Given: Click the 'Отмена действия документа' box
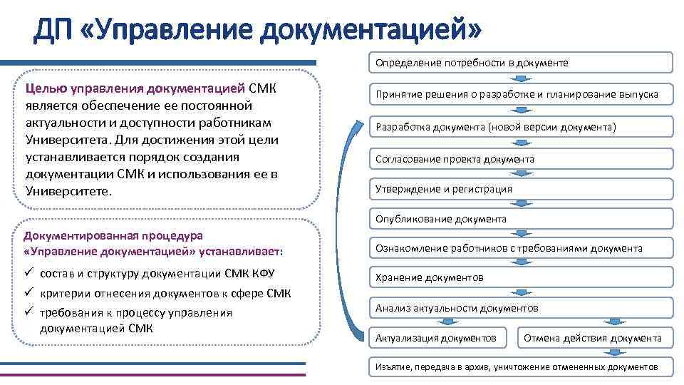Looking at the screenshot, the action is [593, 337].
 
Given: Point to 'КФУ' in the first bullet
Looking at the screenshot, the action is [261, 274].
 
